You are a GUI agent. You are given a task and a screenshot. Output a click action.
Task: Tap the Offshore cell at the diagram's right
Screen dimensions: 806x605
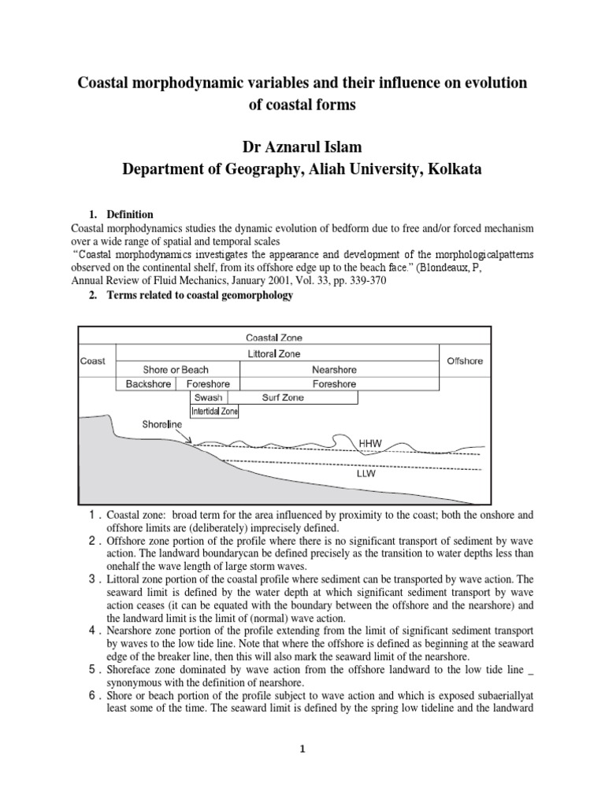tap(464, 361)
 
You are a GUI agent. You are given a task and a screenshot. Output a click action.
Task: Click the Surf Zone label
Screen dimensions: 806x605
tap(283, 397)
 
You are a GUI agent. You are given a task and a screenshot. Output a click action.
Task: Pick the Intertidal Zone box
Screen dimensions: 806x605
tap(215, 411)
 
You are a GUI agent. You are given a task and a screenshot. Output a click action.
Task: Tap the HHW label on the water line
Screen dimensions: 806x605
tap(370, 444)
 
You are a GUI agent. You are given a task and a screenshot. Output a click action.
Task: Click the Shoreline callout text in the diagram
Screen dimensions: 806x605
tap(162, 424)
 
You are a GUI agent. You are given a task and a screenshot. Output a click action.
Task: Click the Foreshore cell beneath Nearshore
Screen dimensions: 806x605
tap(334, 384)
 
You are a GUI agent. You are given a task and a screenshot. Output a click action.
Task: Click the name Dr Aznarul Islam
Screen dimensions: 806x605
tap(302, 146)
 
